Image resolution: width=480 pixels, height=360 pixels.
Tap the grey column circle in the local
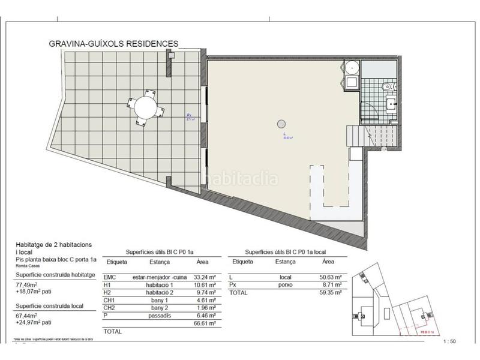pos(280,124)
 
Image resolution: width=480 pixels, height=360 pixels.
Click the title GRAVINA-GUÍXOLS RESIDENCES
pos(113,44)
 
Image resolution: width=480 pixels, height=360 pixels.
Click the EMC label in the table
pos(110,277)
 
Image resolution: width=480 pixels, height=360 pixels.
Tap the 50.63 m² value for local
pos(331,277)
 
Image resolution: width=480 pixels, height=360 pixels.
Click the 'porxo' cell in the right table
pos(286,286)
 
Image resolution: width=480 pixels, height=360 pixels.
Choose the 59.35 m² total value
pos(331,293)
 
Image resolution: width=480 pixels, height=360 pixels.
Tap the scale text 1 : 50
pos(449,341)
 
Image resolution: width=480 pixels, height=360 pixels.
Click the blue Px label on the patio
pos(188,115)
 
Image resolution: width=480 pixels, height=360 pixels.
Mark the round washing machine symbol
pos(352,67)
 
